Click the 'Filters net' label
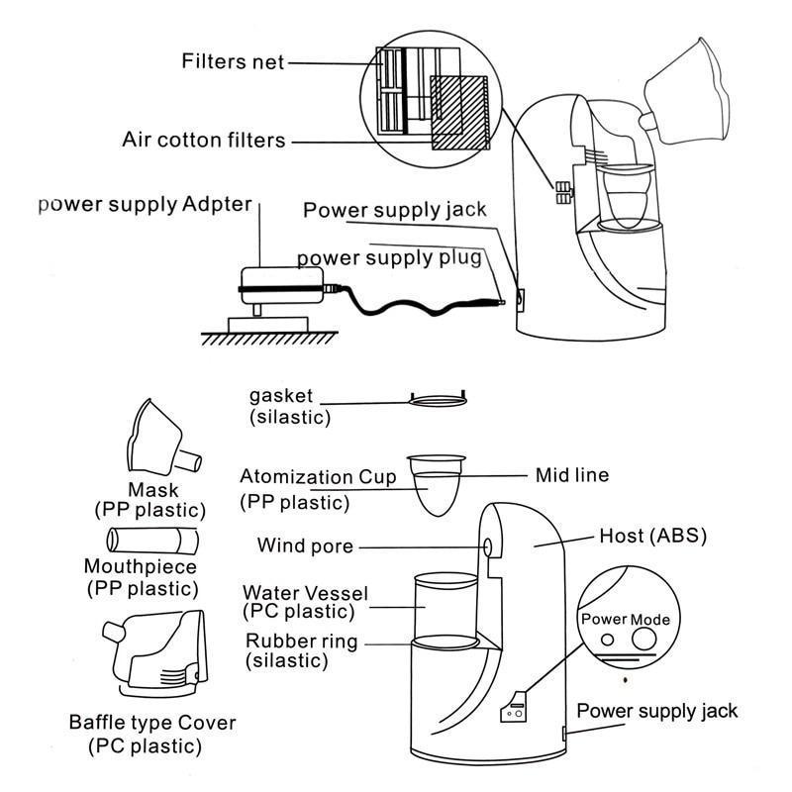click(233, 61)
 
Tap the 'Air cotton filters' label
click(203, 140)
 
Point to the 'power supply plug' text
click(389, 258)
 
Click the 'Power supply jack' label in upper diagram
click(395, 210)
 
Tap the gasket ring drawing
click(436, 399)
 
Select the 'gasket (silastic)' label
click(290, 406)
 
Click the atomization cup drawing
click(437, 483)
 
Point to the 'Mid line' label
click(571, 475)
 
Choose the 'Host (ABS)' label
click(652, 537)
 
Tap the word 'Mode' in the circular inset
click(650, 620)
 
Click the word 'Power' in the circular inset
click(604, 620)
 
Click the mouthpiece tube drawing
click(151, 541)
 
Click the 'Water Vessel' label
click(305, 592)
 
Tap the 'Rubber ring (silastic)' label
click(302, 649)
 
